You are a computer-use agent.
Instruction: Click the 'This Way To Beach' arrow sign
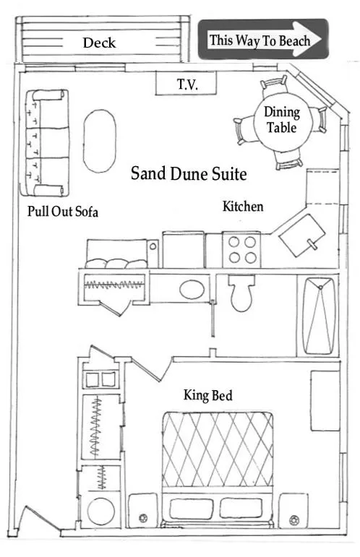tap(262, 40)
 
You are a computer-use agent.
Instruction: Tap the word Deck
tap(100, 43)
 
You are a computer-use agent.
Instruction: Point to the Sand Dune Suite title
tap(189, 174)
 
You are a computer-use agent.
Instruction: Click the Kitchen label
tap(242, 207)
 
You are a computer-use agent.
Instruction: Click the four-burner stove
tap(240, 249)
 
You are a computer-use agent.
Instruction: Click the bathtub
tap(317, 316)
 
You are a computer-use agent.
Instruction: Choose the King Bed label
tap(207, 395)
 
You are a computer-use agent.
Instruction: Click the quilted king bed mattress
tap(218, 449)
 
